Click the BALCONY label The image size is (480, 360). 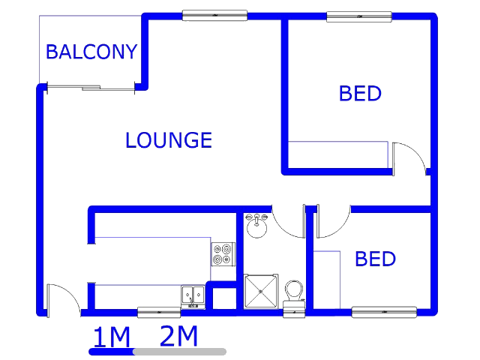pyautogui.click(x=91, y=52)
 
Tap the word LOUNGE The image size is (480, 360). pyautogui.click(x=169, y=140)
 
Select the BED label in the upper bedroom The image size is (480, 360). pyautogui.click(x=360, y=93)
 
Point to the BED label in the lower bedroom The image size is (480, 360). pyautogui.click(x=375, y=259)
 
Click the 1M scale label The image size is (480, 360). pyautogui.click(x=112, y=337)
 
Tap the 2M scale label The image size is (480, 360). pyautogui.click(x=178, y=336)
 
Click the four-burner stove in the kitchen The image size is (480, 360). pyautogui.click(x=223, y=254)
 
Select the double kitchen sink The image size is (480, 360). pyautogui.click(x=193, y=296)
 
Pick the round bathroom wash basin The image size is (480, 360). pyautogui.click(x=256, y=226)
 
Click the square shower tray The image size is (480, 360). pyautogui.click(x=261, y=292)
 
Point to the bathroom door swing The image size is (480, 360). pyautogui.click(x=289, y=220)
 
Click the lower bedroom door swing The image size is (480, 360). pyautogui.click(x=334, y=220)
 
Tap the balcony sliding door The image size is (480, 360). pyautogui.click(x=91, y=88)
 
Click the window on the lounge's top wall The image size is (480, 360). pyautogui.click(x=214, y=15)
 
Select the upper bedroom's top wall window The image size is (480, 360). pyautogui.click(x=359, y=16)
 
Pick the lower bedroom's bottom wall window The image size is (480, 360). pyautogui.click(x=384, y=312)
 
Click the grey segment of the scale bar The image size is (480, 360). pyautogui.click(x=181, y=352)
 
